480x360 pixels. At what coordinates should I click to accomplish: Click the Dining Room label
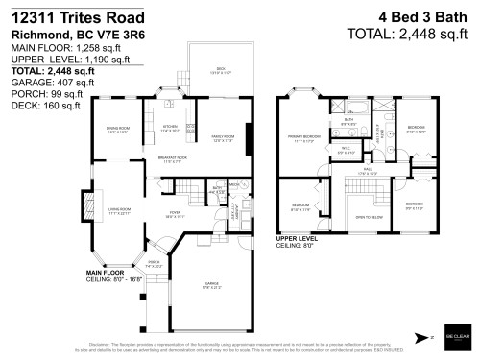pos(116,131)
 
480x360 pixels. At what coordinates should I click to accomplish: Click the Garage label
pos(210,283)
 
